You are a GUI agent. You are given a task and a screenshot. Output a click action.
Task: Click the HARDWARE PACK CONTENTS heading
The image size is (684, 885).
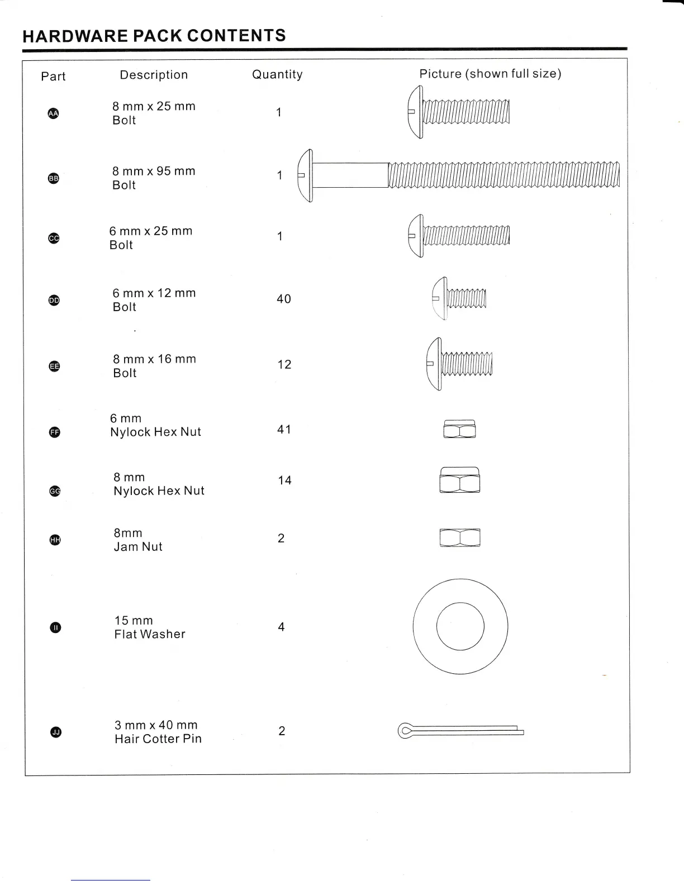click(x=154, y=36)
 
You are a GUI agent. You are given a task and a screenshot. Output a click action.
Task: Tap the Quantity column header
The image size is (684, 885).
click(x=277, y=74)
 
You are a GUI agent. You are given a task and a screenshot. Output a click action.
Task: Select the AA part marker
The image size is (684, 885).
click(x=53, y=113)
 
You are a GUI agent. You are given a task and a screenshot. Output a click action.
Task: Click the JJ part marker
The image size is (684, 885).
click(x=55, y=732)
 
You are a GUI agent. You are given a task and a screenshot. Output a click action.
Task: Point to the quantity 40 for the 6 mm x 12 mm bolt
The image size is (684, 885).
click(x=284, y=299)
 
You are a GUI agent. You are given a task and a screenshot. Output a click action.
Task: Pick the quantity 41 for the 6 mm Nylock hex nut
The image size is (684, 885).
click(x=284, y=429)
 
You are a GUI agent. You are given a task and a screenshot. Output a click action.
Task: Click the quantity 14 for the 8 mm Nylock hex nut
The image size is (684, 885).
click(x=284, y=480)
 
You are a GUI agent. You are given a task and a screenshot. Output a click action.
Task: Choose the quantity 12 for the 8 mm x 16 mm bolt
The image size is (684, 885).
click(x=284, y=364)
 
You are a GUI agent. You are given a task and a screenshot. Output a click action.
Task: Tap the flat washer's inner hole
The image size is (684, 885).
click(x=460, y=626)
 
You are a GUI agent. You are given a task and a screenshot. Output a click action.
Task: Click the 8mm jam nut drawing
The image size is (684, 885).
click(x=459, y=537)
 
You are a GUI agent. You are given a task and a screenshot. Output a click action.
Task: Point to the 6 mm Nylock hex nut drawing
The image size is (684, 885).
click(x=459, y=429)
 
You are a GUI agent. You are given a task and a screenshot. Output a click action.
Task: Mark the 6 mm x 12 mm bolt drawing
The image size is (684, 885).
click(x=459, y=298)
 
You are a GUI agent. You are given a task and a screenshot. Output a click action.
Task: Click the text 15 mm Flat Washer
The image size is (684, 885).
click(x=149, y=627)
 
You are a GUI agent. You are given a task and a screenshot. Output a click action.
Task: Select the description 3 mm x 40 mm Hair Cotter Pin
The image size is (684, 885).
click(x=158, y=732)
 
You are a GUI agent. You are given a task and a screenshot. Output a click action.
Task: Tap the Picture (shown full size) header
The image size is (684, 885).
click(x=490, y=74)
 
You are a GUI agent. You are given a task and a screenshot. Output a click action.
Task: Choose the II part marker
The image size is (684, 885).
click(x=55, y=627)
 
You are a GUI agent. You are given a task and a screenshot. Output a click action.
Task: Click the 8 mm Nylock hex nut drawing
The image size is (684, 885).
click(x=459, y=480)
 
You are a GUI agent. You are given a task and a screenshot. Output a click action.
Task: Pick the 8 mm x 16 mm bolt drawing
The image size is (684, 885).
click(x=459, y=364)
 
